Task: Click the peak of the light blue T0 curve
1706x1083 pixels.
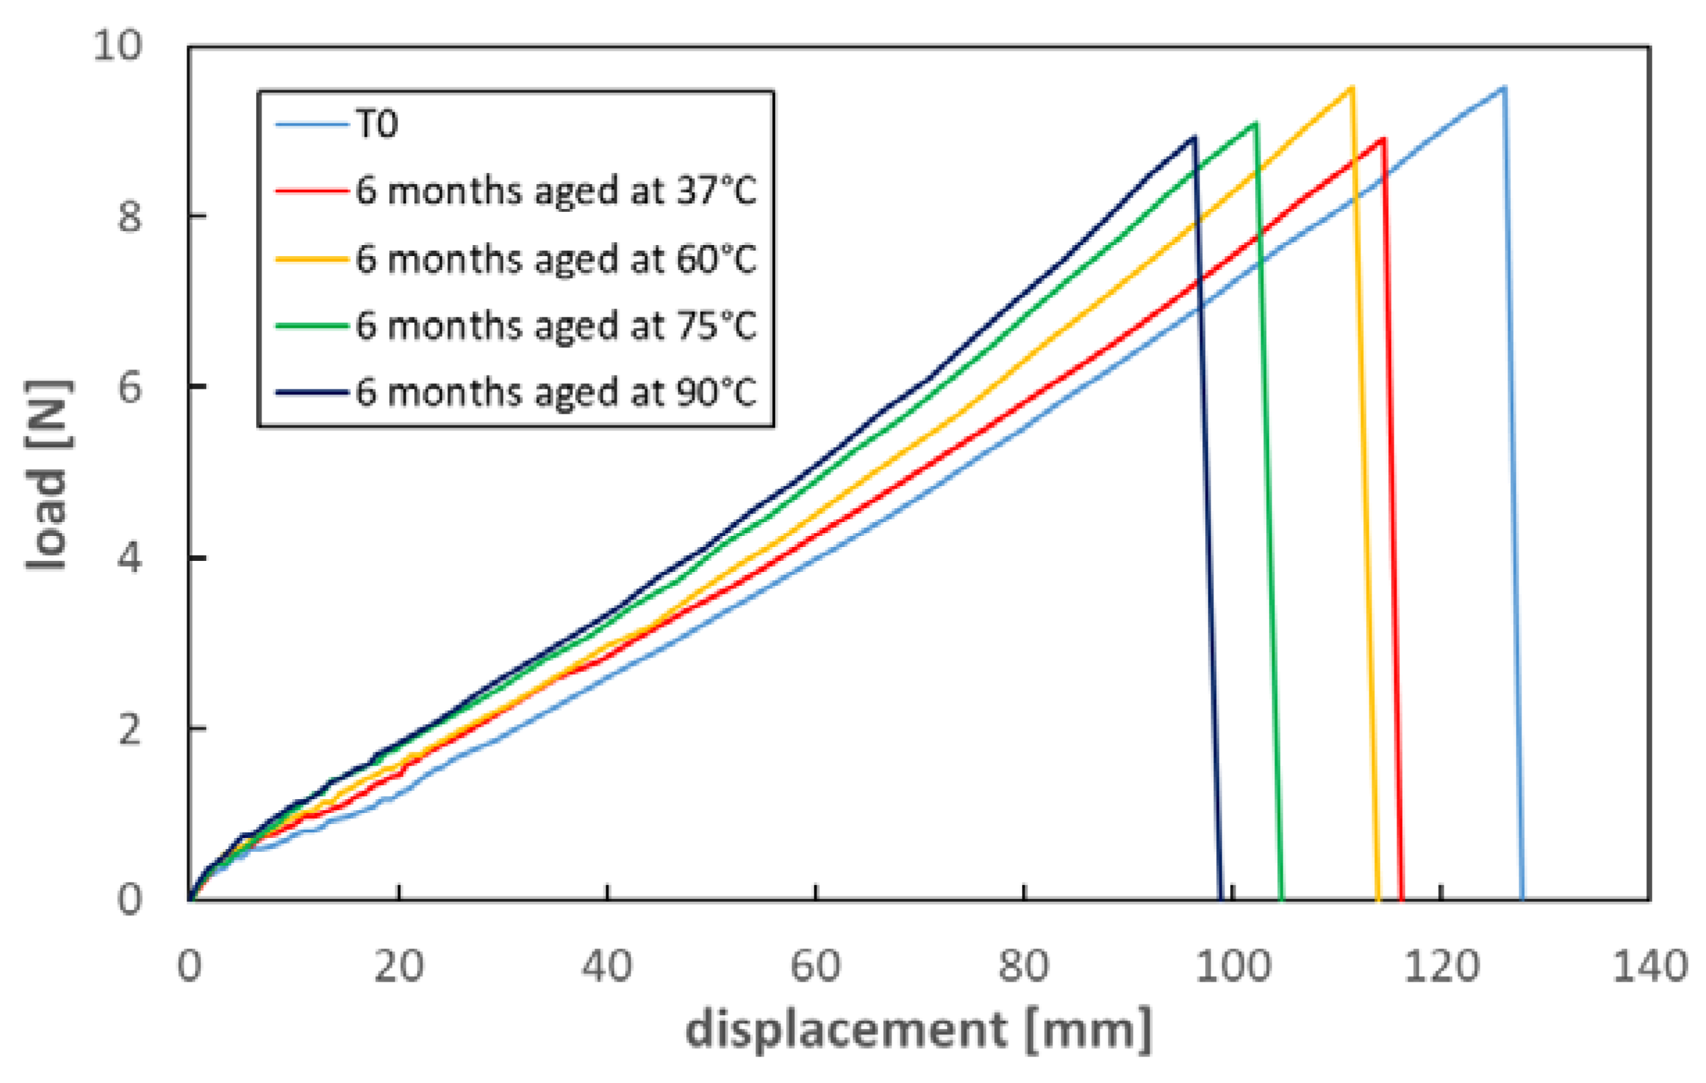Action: coord(1503,88)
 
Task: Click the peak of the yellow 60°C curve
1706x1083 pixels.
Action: coord(1351,88)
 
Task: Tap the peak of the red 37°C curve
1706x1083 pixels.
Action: coord(1383,140)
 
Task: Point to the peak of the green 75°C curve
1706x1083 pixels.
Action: coord(1256,124)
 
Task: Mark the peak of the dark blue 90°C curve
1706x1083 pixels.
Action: coord(1195,137)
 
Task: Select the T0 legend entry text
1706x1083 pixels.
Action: coord(377,125)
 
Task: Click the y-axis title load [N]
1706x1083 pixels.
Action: coord(48,475)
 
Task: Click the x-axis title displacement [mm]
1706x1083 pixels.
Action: coord(918,1029)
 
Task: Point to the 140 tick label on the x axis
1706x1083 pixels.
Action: coord(1649,966)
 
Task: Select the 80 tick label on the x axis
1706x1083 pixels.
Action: coord(1024,966)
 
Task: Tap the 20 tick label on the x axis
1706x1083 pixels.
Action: coord(399,966)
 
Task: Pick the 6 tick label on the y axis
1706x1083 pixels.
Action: coord(130,387)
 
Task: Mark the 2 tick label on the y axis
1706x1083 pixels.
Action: coord(130,729)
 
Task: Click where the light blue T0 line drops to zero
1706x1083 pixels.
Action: coord(1521,898)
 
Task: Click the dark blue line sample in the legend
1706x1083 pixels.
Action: coord(312,392)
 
